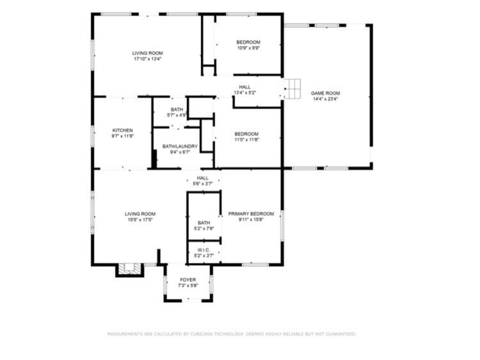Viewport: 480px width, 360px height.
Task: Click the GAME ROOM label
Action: (x=325, y=93)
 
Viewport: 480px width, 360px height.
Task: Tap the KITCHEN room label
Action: (x=122, y=130)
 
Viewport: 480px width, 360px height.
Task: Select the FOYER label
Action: (x=188, y=280)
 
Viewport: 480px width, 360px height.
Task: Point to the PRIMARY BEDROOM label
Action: (x=251, y=214)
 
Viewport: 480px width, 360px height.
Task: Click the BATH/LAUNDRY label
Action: (x=180, y=147)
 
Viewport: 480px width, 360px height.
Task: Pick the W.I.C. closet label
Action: (x=204, y=250)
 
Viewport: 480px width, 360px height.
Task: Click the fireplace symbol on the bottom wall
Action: (x=129, y=270)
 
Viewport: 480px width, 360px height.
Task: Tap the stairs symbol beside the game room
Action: (x=292, y=89)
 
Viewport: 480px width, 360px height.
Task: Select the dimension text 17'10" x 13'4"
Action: (x=148, y=59)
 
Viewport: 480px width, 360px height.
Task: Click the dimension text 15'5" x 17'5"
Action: (x=140, y=220)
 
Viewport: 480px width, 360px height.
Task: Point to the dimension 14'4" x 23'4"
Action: (x=325, y=99)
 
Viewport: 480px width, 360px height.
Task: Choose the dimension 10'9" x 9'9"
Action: (x=248, y=48)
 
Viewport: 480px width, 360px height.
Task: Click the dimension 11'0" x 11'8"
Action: (x=246, y=140)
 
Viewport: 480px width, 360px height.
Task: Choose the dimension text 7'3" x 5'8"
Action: (x=188, y=286)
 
